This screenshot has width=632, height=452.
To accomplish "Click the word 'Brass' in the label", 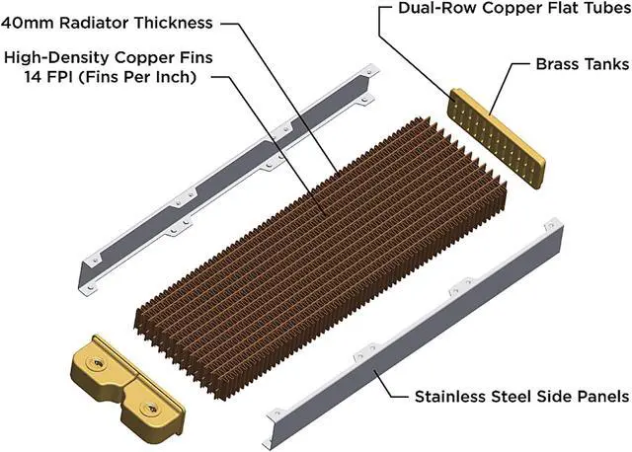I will (x=552, y=64).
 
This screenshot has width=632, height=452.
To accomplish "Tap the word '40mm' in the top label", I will (x=30, y=22).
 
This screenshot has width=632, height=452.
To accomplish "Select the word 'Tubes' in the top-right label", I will (x=605, y=12).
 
